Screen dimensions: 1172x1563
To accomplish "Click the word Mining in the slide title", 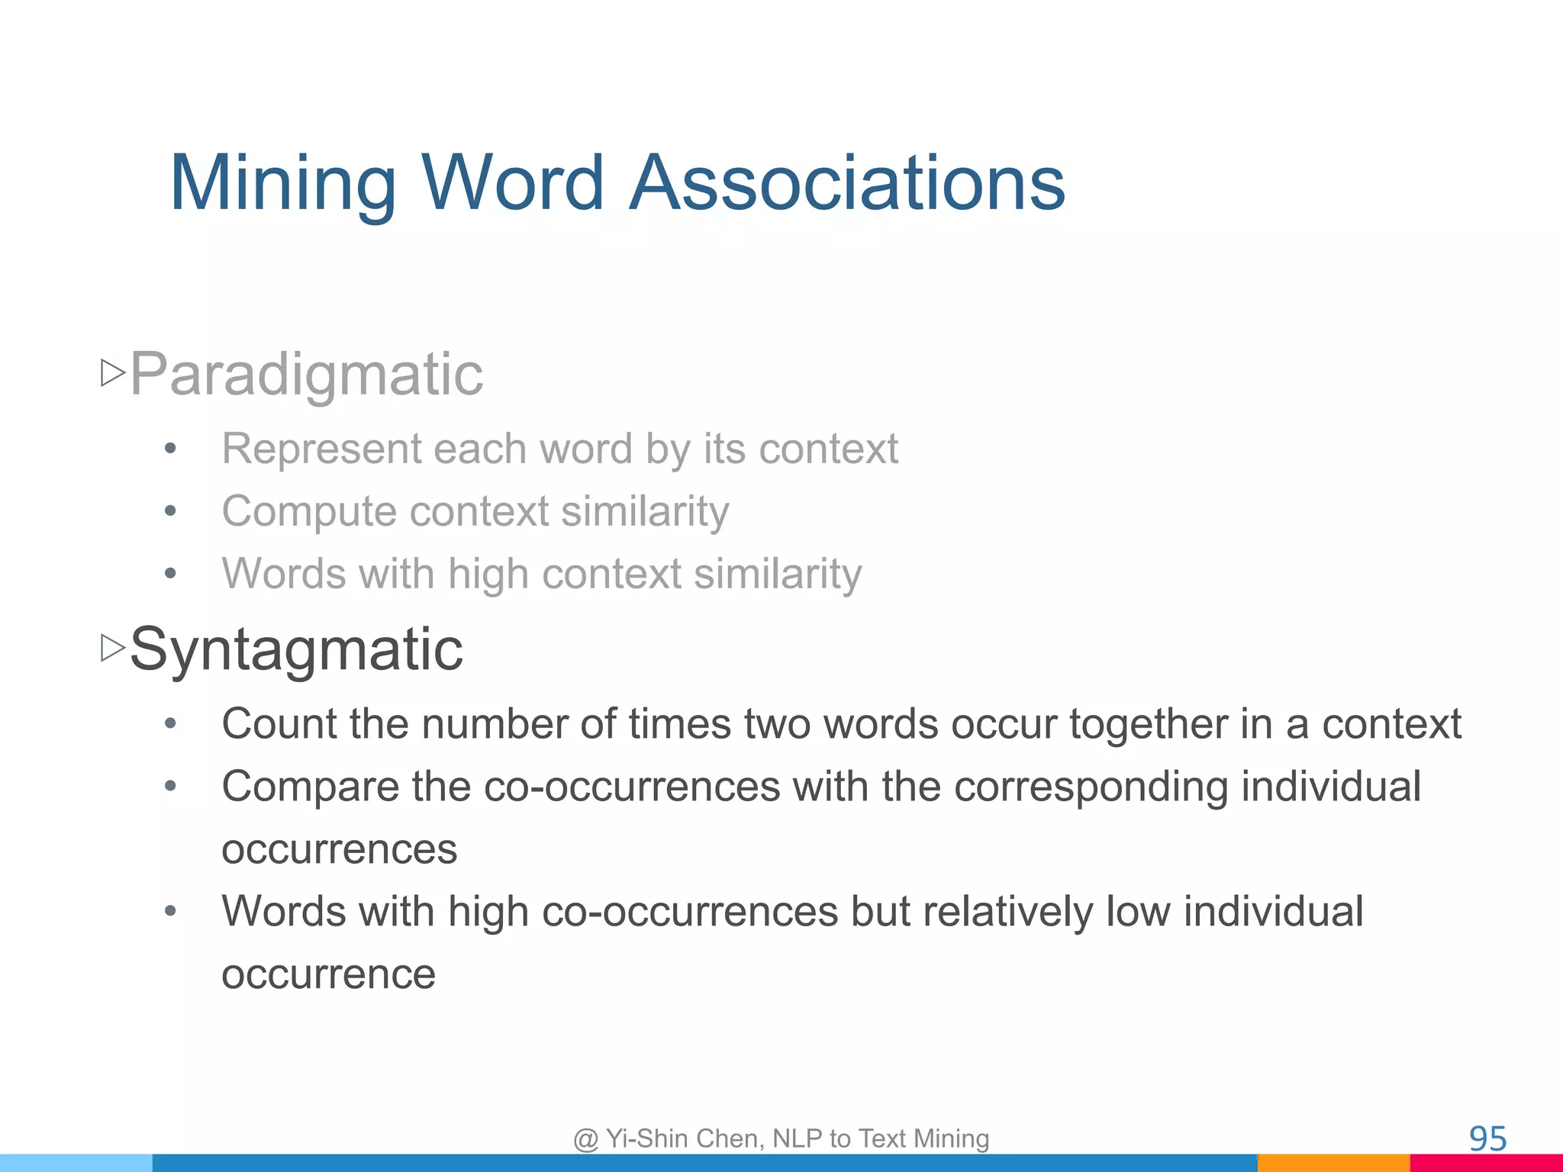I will pyautogui.click(x=282, y=183).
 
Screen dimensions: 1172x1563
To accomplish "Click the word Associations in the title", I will pyautogui.click(x=847, y=183).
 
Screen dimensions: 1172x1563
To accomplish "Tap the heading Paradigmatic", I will pyautogui.click(x=306, y=374).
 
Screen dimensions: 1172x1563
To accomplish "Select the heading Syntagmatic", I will pyautogui.click(x=296, y=649).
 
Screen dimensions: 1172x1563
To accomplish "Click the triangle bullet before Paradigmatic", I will pyautogui.click(x=113, y=373).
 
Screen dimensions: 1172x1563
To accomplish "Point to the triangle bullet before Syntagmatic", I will pyautogui.click(x=113, y=649).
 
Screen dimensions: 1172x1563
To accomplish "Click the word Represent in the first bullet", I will pyautogui.click(x=321, y=448).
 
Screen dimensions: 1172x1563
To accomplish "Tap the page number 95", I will pyautogui.click(x=1487, y=1138).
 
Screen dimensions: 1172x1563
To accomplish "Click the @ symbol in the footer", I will pyautogui.click(x=585, y=1139).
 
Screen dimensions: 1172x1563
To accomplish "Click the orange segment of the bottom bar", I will pyautogui.click(x=1333, y=1164).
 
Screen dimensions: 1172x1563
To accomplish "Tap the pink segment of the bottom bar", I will pyautogui.click(x=1486, y=1164).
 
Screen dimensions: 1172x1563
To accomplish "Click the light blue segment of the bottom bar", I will pyautogui.click(x=76, y=1164).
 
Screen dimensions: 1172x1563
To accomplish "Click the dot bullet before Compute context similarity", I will pyautogui.click(x=170, y=511).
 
